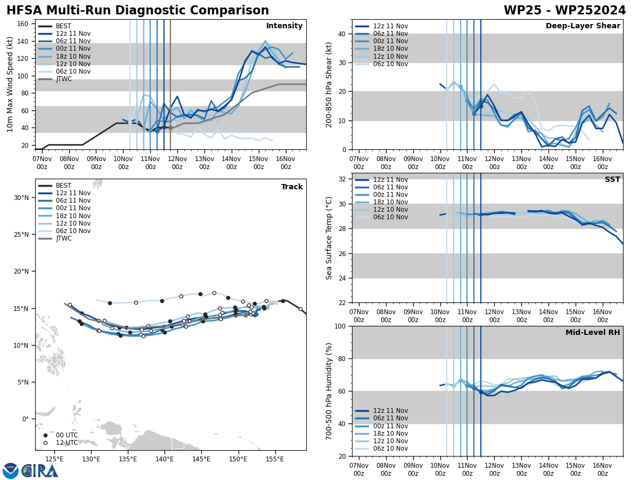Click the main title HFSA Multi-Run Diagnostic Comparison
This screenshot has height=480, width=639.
[x=137, y=11]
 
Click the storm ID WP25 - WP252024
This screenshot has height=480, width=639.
[x=564, y=11]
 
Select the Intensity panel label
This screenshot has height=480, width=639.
[x=284, y=26]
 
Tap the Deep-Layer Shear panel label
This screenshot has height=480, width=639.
[x=583, y=26]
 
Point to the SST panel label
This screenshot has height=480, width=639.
[x=612, y=180]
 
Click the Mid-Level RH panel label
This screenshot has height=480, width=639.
[x=593, y=333]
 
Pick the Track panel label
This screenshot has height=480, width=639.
[x=292, y=187]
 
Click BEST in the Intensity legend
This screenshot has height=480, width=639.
[x=63, y=26]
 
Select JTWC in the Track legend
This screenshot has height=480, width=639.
[x=63, y=238]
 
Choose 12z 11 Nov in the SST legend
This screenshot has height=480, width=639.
[x=390, y=180]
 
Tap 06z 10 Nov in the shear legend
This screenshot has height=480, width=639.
[x=390, y=64]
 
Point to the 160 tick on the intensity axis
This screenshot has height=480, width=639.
[x=24, y=23]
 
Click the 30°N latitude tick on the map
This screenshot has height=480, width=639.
[x=21, y=197]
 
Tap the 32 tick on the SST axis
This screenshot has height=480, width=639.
[x=342, y=179]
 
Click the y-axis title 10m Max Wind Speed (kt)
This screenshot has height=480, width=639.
[x=10, y=84]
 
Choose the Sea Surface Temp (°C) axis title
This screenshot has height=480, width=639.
[x=329, y=238]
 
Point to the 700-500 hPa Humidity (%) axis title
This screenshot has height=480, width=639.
[x=329, y=391]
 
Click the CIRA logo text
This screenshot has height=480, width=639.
[x=39, y=471]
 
